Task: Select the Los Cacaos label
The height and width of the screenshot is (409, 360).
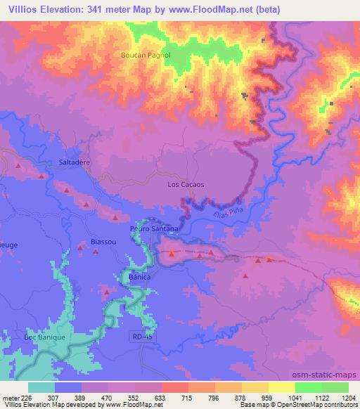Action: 186,185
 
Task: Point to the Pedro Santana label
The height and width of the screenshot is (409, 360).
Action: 154,229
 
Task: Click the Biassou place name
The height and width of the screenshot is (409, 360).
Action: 104,242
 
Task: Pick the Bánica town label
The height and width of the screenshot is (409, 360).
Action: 141,278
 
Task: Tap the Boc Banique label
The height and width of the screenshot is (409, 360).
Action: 45,337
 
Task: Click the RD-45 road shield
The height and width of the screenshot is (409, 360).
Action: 141,337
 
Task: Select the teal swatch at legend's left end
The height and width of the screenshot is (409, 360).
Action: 41,387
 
